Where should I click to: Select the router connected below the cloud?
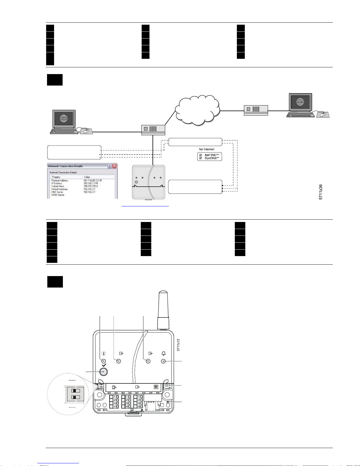[x=153, y=129]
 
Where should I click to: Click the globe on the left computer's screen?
[x=63, y=118]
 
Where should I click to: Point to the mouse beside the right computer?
[x=322, y=115]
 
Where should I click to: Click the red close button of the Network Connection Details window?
[x=115, y=166]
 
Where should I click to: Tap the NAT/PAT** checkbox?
[x=201, y=155]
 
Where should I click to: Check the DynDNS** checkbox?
[x=201, y=158]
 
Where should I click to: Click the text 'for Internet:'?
[x=207, y=149]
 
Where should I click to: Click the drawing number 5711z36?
[x=321, y=192]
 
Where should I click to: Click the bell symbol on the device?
[x=164, y=353]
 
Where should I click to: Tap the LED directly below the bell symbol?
[x=164, y=361]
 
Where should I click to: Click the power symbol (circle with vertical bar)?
[x=103, y=354]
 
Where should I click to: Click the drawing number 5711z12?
[x=178, y=345]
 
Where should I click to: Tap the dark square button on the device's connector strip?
[x=156, y=387]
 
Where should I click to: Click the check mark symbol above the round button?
[x=103, y=366]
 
